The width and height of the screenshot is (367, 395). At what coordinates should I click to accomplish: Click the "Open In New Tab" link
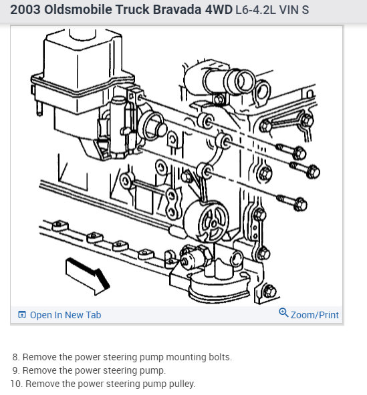66,315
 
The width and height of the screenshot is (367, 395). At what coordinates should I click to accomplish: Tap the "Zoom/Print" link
314,315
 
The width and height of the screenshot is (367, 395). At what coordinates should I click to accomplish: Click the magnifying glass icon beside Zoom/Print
283,313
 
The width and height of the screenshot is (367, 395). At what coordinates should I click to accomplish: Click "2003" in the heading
25,9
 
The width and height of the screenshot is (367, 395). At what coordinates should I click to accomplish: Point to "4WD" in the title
219,9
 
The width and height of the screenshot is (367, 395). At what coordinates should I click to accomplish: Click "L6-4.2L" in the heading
255,10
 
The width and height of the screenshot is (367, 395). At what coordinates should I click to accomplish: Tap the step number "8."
16,357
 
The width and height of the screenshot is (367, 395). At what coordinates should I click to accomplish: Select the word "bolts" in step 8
220,357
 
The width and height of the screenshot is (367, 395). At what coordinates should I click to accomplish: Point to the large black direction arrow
88,276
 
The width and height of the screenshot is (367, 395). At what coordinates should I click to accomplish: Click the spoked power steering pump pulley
213,222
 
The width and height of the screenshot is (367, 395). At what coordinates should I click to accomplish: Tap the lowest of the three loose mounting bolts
292,202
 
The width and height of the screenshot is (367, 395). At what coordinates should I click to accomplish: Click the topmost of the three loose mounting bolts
291,151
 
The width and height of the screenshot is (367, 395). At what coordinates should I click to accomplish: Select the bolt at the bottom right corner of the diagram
269,292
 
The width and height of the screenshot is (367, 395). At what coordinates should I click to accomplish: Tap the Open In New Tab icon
22,315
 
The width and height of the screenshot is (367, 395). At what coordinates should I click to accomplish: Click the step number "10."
17,384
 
